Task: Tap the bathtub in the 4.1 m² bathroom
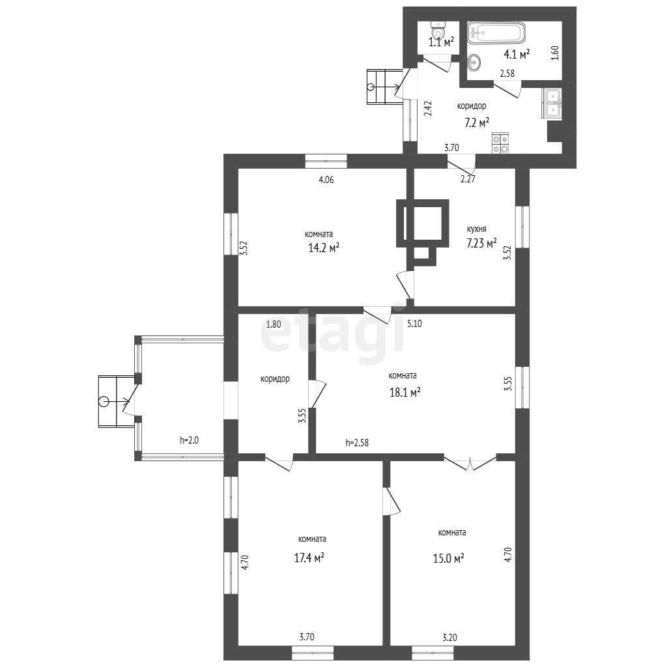pos(497,33)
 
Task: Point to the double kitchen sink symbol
pos(552,103)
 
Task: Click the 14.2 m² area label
pos(324,248)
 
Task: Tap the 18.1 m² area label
pos(405,391)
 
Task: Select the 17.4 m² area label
pos(309,558)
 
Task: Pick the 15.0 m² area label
pos(448,558)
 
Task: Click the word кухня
pos(476,229)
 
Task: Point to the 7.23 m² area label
pos(481,244)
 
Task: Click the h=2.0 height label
pos(189,440)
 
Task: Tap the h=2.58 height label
pos(357,443)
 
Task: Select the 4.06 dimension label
pos(326,180)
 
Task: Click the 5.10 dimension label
pos(414,323)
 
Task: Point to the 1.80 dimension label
pos(274,324)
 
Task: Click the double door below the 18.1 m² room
pos(470,463)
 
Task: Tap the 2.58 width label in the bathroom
pos(507,73)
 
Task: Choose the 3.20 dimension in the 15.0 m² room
pos(450,637)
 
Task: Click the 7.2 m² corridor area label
pos(476,123)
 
